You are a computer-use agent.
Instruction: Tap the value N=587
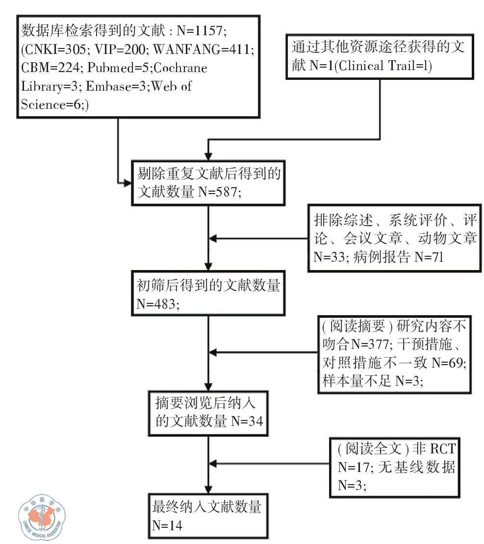(220, 193)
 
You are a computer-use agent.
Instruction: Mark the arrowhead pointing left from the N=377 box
(214, 352)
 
